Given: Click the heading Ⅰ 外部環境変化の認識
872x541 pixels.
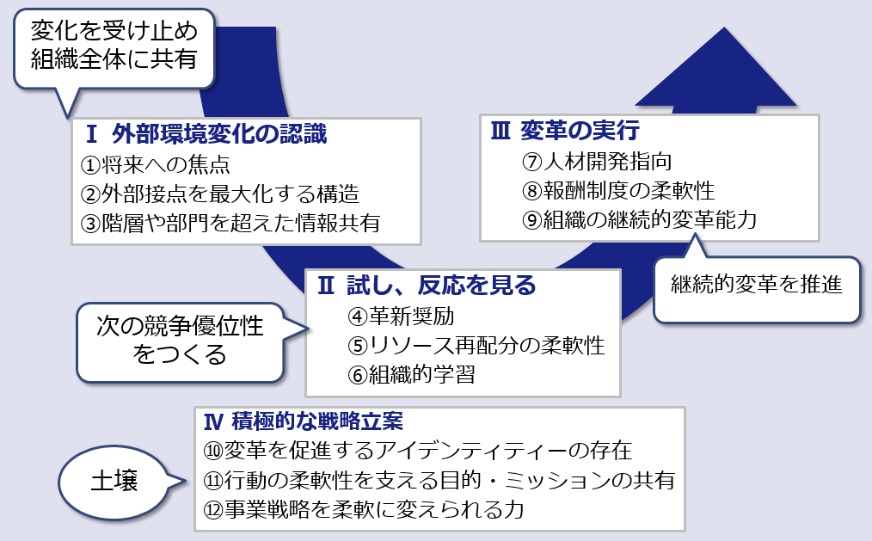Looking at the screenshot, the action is coord(206,134).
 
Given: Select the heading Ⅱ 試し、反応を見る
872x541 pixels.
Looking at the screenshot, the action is coord(427,286).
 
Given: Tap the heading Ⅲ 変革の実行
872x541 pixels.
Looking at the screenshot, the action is coord(565,130).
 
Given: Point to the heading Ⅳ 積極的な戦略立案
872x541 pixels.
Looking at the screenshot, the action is coord(303,421).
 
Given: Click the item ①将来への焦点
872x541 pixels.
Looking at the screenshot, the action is coord(155,164).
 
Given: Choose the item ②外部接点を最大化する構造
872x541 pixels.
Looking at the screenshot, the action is coord(219,194).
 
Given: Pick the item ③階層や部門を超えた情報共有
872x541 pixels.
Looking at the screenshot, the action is coord(230,223).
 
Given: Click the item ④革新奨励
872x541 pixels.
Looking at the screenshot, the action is coord(401,317).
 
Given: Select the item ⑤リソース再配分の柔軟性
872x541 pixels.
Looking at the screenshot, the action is coord(476,346).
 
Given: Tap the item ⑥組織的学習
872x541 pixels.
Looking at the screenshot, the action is coord(412,375).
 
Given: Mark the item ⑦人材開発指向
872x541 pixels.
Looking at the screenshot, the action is coord(597,161).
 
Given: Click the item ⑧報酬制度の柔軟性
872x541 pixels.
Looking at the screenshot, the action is coord(617,191).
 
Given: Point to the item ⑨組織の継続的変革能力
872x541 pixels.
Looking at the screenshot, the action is coord(639,219).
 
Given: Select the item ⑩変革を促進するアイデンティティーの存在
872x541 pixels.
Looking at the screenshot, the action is coord(418,451).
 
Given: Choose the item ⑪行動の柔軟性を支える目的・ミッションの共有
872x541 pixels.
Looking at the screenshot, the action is coord(439,480).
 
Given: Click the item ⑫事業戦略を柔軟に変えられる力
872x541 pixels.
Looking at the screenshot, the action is coord(364,509).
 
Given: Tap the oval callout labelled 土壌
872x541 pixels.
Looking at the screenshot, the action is coord(114,482).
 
